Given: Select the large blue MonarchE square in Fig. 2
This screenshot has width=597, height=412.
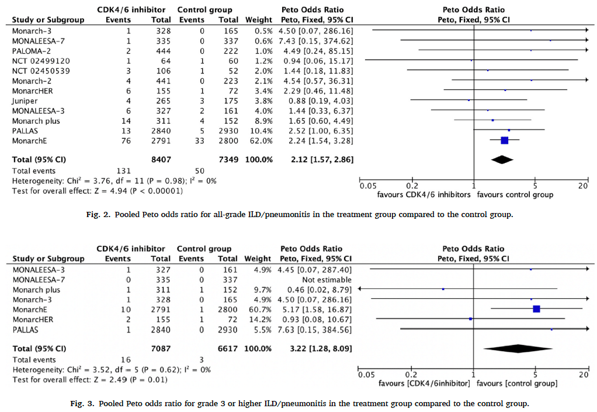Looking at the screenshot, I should (505, 140).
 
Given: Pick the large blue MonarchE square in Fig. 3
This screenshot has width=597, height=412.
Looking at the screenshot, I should (536, 309).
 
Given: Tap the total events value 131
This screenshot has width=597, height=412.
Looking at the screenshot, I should (123, 170).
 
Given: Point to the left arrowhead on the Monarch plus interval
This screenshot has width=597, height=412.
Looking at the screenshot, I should (360, 289).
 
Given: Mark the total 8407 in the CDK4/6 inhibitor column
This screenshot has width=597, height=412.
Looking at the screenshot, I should (159, 159).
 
